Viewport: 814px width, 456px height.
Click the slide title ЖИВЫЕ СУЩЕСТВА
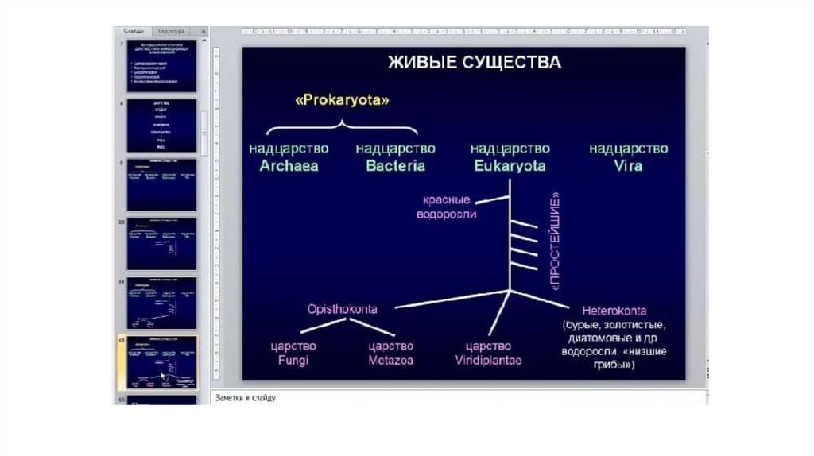click(474, 62)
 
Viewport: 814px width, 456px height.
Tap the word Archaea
click(289, 166)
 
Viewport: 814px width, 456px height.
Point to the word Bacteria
click(395, 166)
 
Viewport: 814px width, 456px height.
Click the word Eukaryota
click(510, 166)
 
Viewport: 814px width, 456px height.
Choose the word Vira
click(628, 166)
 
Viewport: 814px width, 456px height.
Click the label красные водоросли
click(446, 207)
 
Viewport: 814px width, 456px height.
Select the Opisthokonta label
click(342, 308)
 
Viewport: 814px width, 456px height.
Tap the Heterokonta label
click(614, 310)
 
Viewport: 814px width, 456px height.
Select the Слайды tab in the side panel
click(134, 32)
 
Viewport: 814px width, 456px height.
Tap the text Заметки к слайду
click(245, 397)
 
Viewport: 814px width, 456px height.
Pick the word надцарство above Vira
click(628, 149)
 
